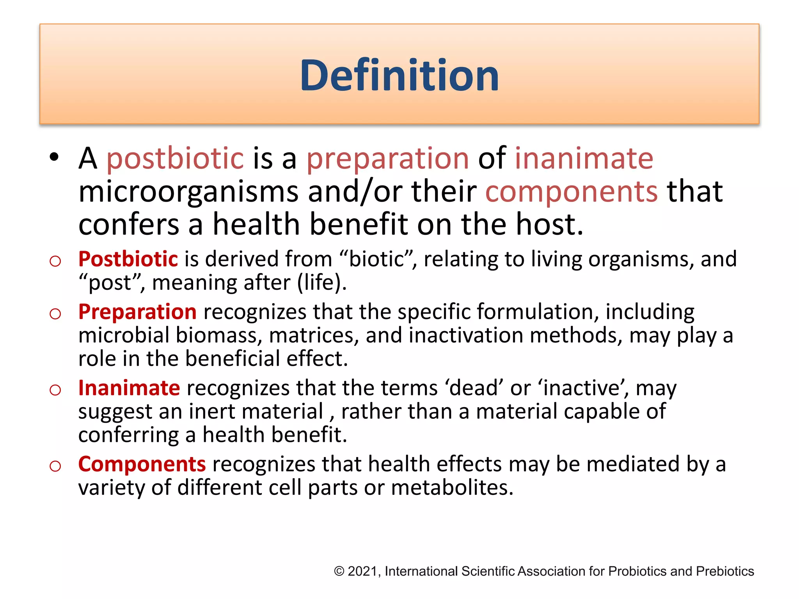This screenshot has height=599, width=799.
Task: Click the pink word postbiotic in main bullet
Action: click(175, 159)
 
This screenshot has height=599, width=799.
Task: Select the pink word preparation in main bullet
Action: click(387, 159)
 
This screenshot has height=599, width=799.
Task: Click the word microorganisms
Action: click(188, 192)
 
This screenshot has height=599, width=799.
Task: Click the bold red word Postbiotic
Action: click(128, 259)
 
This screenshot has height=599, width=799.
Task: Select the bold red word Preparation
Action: click(137, 312)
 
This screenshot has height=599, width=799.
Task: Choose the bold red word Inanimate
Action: click(129, 388)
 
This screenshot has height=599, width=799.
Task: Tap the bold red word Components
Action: click(142, 464)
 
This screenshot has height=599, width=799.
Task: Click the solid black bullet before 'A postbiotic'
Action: click(54, 157)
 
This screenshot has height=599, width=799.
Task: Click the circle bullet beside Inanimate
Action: click(55, 390)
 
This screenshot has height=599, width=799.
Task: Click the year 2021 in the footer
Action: click(362, 571)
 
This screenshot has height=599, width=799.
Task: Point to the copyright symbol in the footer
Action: click(339, 571)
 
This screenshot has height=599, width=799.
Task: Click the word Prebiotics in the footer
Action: click(724, 571)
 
